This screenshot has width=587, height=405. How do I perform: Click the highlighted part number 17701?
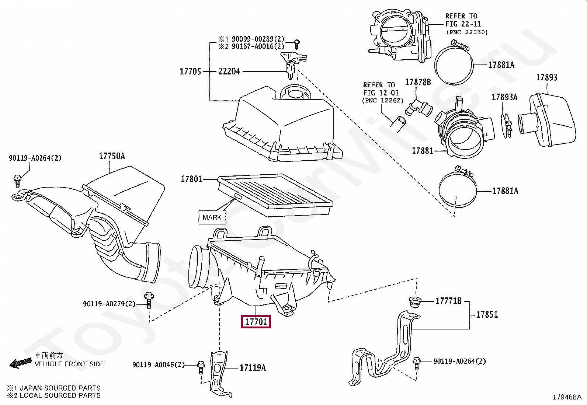coord(256,322)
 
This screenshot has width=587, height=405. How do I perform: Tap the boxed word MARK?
coord(212,217)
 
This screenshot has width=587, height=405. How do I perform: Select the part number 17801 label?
coord(191,179)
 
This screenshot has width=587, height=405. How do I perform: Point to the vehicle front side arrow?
coord(20,363)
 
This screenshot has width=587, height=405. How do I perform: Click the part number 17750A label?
coord(112,156)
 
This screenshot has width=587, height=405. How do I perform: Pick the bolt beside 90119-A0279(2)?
coord(149,300)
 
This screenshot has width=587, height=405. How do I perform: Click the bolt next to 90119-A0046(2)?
coord(201,367)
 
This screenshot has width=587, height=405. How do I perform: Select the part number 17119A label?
coord(253,368)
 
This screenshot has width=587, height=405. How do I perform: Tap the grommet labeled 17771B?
coord(416,301)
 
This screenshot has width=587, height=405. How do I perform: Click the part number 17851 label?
coord(487,315)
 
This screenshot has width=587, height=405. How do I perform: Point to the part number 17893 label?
coord(546,77)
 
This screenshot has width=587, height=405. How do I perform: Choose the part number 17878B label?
coord(418,82)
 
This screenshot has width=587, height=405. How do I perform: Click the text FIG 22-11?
coord(463,24)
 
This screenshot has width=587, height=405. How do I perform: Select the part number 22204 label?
coord(229,71)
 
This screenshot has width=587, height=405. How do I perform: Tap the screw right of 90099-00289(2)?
coord(297,44)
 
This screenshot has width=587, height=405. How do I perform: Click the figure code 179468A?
coord(567,397)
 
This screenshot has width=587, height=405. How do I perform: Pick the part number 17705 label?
coord(190,71)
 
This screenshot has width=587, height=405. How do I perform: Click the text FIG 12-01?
coord(381,93)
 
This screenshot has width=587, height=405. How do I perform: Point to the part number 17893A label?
coord(504,97)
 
